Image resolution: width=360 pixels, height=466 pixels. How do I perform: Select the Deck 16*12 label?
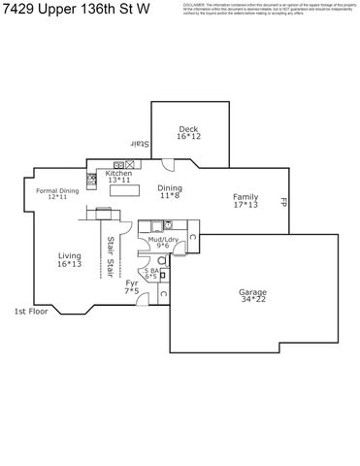[188, 132]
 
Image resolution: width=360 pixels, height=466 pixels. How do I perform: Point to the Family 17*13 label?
[245, 201]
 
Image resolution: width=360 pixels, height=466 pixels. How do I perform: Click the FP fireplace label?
[284, 204]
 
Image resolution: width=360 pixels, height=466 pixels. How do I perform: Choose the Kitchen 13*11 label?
[118, 176]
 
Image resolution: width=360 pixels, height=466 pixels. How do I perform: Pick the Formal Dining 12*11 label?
[57, 194]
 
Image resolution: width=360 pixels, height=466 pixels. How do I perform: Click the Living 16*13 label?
[69, 259]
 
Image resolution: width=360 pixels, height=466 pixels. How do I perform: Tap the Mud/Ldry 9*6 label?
[163, 242]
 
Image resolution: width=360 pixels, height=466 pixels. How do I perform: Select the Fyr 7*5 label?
[132, 286]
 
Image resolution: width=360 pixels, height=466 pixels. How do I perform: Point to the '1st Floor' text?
[31, 312]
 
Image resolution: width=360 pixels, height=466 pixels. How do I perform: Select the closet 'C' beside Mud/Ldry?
[192, 236]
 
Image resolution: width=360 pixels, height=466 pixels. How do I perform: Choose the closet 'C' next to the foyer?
[162, 292]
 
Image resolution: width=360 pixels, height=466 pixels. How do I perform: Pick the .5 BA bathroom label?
[151, 273]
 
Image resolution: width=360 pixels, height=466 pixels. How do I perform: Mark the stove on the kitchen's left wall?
[92, 179]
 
